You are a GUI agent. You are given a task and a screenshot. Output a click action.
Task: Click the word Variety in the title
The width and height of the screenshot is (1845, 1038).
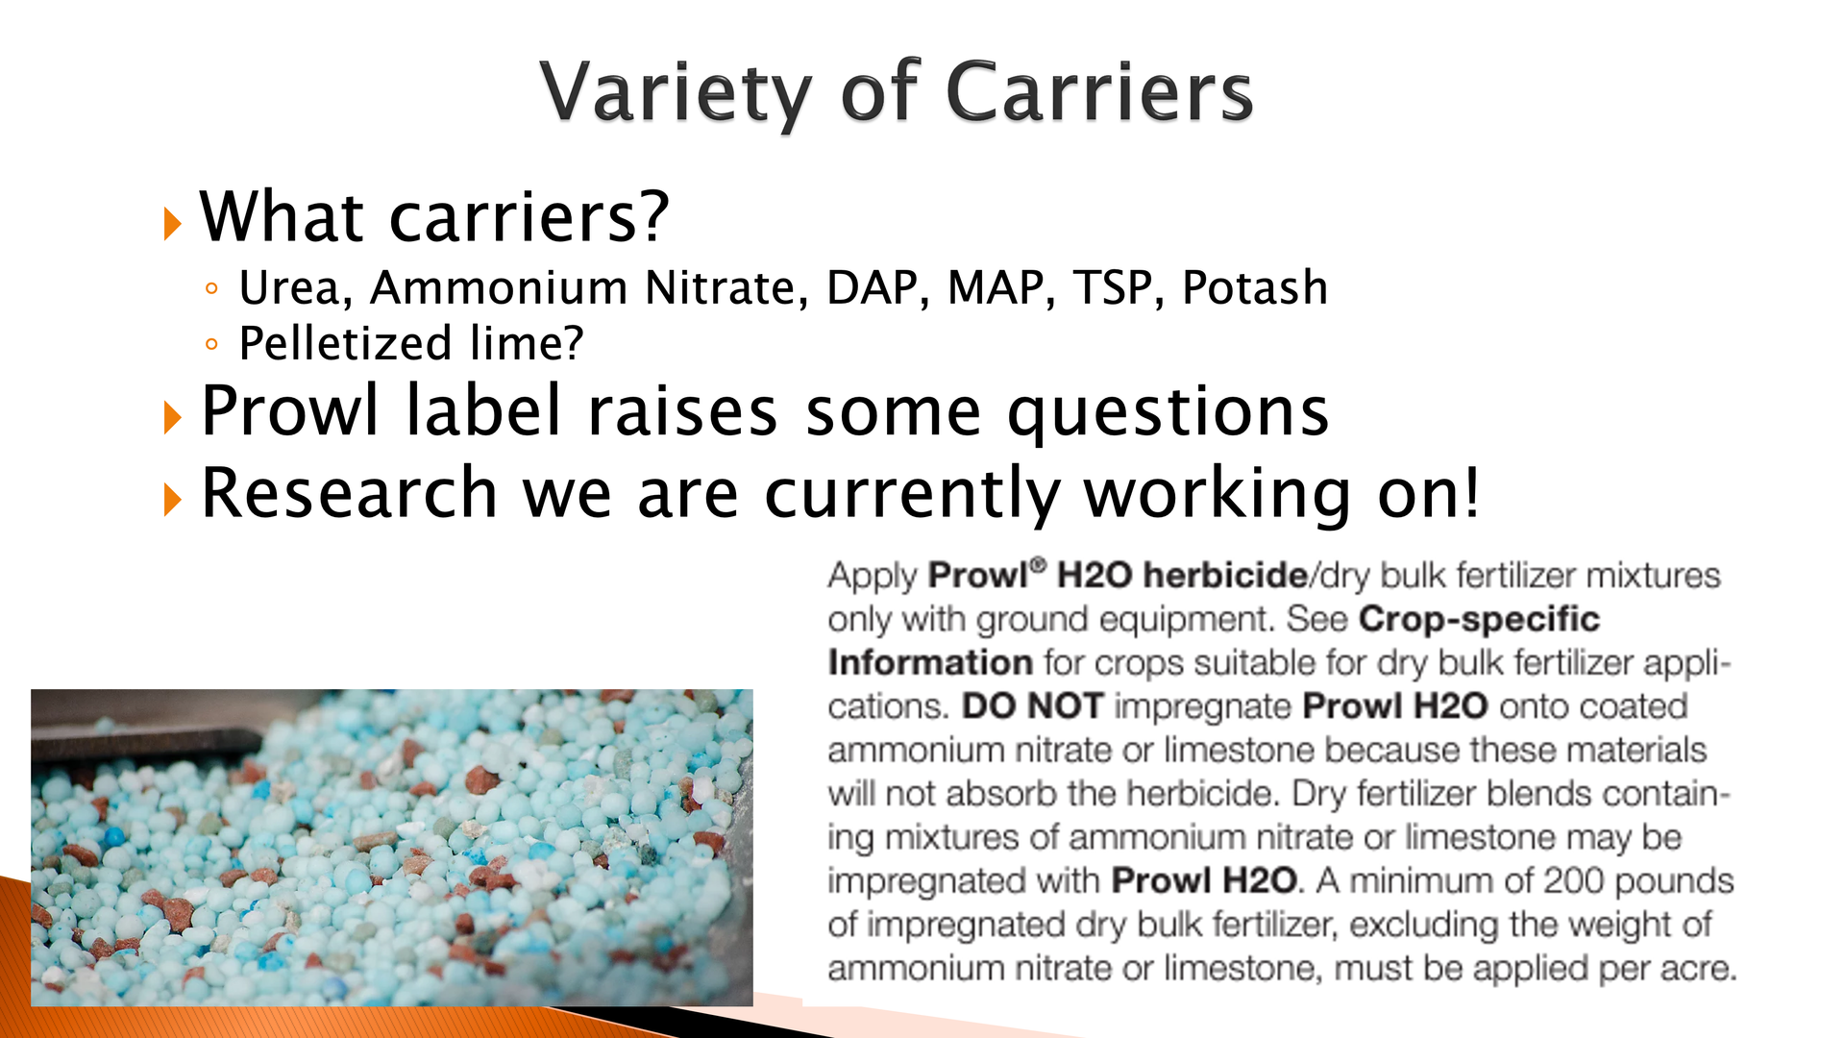click(676, 93)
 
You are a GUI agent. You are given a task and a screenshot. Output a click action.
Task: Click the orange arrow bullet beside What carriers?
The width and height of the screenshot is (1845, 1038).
click(173, 224)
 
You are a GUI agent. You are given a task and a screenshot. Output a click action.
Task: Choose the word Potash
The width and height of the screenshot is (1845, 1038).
click(1255, 287)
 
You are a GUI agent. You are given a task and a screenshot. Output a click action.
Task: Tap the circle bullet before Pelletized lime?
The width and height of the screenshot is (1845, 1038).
click(211, 344)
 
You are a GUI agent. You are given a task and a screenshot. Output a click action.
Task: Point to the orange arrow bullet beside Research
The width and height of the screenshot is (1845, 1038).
click(173, 500)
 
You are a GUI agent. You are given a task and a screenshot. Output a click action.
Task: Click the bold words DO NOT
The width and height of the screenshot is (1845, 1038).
click(1032, 706)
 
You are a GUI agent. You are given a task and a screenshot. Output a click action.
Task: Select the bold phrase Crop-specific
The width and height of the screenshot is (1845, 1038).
click(1479, 620)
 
